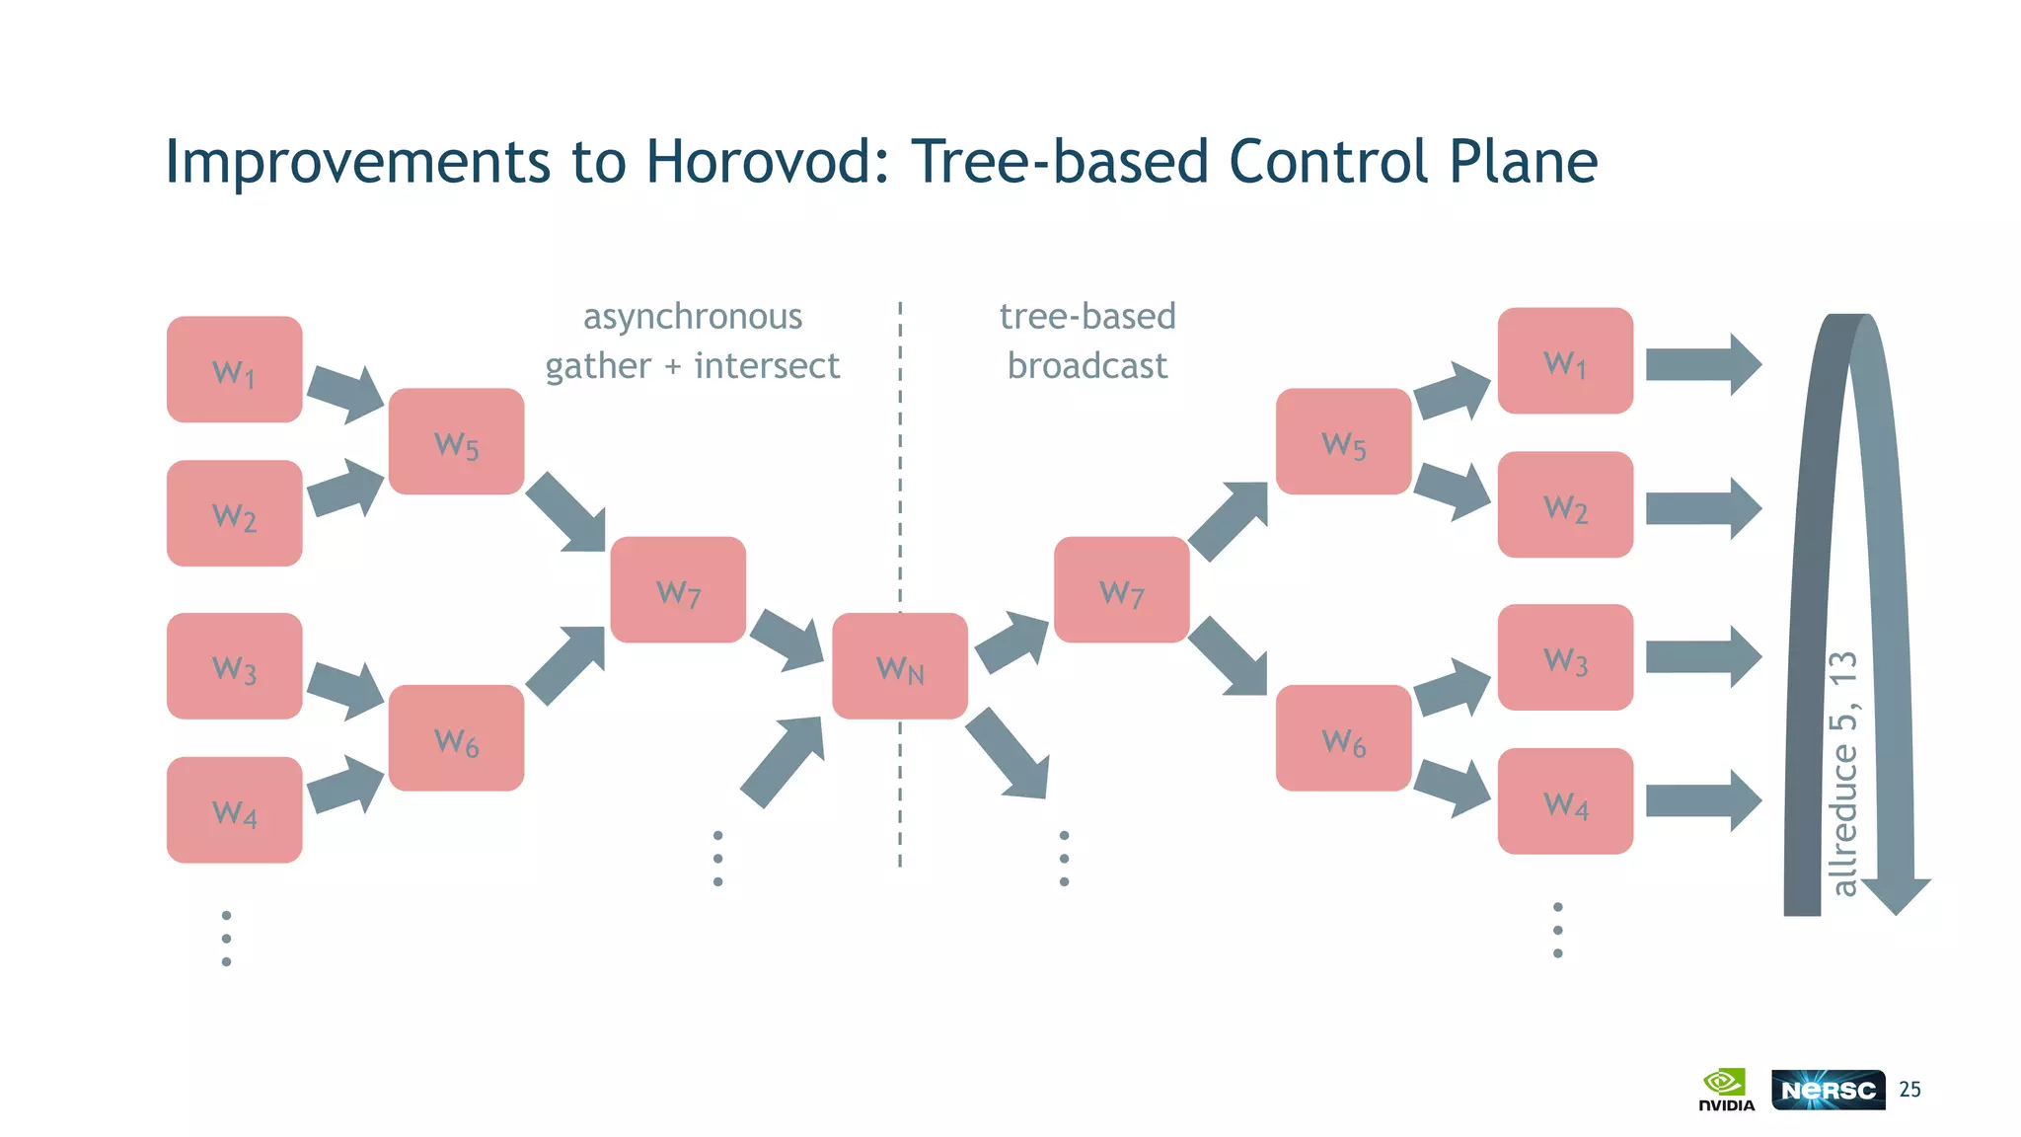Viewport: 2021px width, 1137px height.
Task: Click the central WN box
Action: pyautogui.click(x=899, y=666)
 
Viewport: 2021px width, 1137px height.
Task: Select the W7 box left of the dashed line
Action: pyautogui.click(x=678, y=590)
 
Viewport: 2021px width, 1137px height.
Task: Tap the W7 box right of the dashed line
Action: pyautogui.click(x=1121, y=590)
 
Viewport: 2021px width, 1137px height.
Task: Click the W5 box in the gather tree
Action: pyautogui.click(x=456, y=441)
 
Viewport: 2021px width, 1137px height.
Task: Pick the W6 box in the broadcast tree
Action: pyautogui.click(x=1343, y=737)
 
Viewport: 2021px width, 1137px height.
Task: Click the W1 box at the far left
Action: pyautogui.click(x=234, y=369)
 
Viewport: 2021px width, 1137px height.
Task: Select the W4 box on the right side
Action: pyautogui.click(x=1565, y=800)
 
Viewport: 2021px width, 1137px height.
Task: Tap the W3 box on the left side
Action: pyautogui.click(x=234, y=666)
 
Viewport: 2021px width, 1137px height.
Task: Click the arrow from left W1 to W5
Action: pyautogui.click(x=344, y=393)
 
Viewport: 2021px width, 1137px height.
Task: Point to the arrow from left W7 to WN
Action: pyautogui.click(x=786, y=640)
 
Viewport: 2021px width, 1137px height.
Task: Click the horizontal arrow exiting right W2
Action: pyautogui.click(x=1702, y=508)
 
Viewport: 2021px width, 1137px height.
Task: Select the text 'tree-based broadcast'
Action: pyautogui.click(x=1086, y=341)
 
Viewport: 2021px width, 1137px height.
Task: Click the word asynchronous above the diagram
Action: pyautogui.click(x=692, y=317)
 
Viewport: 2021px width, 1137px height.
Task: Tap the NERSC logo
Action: pyautogui.click(x=1828, y=1090)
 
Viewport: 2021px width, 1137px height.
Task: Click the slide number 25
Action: pyautogui.click(x=1909, y=1090)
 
